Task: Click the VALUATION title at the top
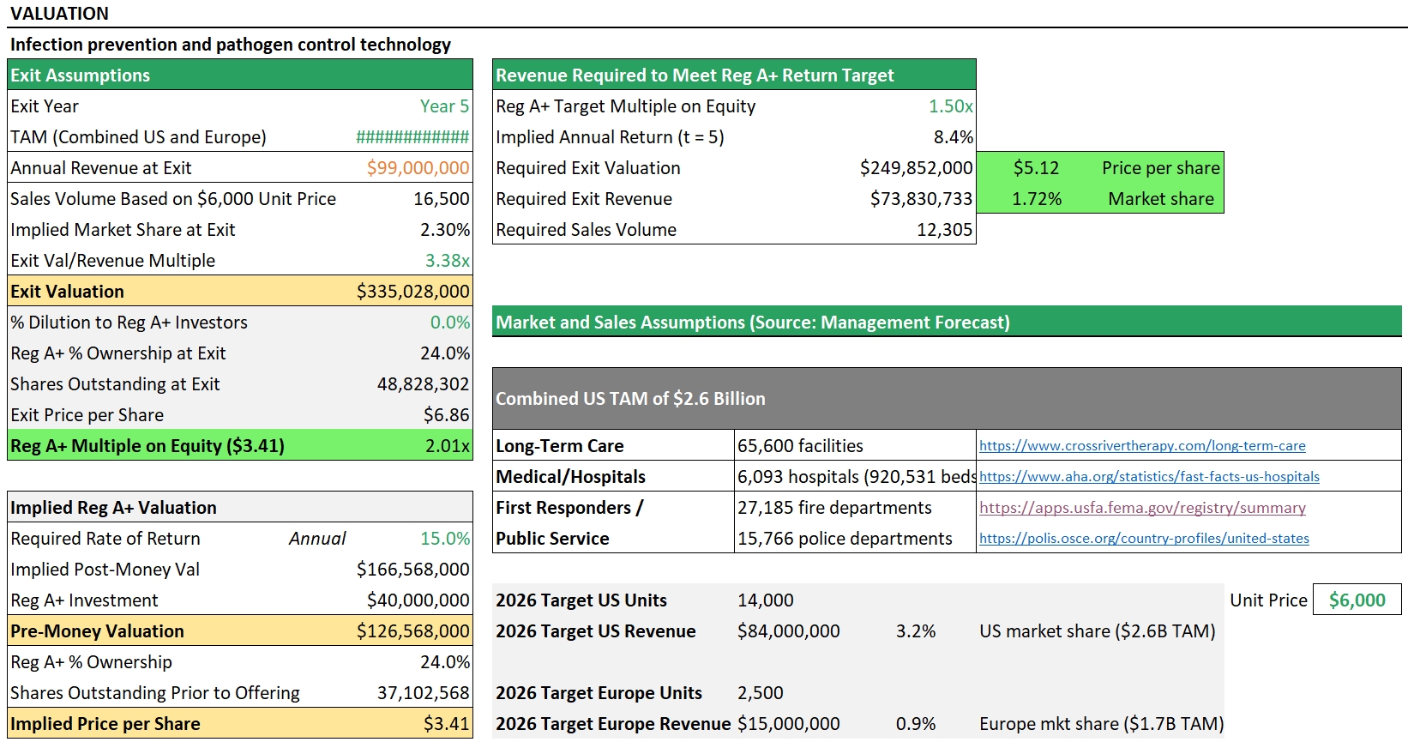click(59, 14)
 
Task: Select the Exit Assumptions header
click(80, 75)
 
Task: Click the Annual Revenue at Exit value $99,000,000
click(418, 168)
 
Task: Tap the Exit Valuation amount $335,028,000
click(412, 292)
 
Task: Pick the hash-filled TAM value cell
click(412, 137)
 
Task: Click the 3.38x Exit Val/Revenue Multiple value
click(447, 261)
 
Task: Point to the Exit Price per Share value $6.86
click(446, 415)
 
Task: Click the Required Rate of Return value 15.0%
click(444, 539)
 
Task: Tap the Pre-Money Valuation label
click(97, 631)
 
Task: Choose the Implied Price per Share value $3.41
click(446, 724)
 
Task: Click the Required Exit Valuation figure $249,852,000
click(916, 168)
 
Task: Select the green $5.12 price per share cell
click(1036, 168)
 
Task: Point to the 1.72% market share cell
click(1036, 199)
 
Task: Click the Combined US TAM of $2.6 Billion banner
click(630, 399)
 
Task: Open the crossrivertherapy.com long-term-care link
click(1141, 446)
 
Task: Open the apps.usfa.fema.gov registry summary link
click(1141, 508)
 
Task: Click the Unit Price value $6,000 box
click(1357, 600)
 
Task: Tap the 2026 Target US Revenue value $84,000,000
click(788, 631)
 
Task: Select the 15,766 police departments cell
click(845, 539)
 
